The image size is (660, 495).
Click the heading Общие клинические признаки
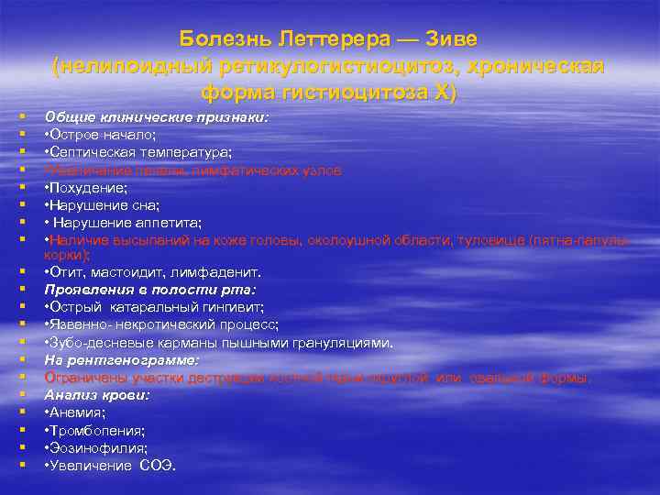coord(157,117)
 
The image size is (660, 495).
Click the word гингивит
coord(230,307)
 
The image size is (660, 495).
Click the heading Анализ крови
coord(98,394)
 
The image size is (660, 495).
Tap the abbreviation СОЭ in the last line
coord(157,465)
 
